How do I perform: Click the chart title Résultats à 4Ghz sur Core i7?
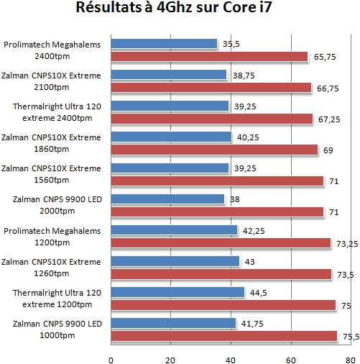pyautogui.click(x=179, y=11)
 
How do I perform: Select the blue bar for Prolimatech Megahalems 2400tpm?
pyautogui.click(x=164, y=44)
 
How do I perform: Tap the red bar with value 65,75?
pyautogui.click(x=209, y=57)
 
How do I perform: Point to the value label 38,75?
pyautogui.click(x=242, y=75)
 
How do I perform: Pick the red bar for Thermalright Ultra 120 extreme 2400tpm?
pyautogui.click(x=211, y=119)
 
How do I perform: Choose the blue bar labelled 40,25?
pyautogui.click(x=171, y=137)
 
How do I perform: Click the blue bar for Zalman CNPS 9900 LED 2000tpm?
pyautogui.click(x=167, y=199)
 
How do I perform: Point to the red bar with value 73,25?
pyautogui.click(x=221, y=243)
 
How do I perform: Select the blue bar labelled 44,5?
pyautogui.click(x=177, y=292)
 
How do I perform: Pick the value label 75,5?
pyautogui.click(x=349, y=336)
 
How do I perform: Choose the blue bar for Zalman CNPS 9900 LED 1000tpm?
pyautogui.click(x=173, y=323)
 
